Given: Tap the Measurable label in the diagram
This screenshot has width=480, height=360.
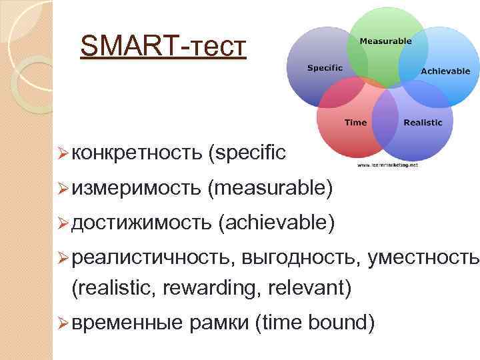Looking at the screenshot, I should click(x=385, y=41).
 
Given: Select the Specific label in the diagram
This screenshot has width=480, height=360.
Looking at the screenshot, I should click(x=325, y=67).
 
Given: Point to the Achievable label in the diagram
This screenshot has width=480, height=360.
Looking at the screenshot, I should click(x=445, y=71).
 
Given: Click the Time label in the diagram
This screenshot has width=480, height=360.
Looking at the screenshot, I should click(x=355, y=122).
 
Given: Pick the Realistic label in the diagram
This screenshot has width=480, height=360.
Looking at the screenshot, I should click(x=423, y=122).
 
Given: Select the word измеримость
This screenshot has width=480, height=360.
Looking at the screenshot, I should click(x=136, y=189).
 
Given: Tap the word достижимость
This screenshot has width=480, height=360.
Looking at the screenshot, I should click(x=141, y=224).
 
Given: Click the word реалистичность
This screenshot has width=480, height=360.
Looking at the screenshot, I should click(x=152, y=259).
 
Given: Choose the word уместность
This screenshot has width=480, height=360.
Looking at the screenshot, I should click(x=423, y=259).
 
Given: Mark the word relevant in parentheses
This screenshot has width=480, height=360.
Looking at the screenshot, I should click(x=308, y=288).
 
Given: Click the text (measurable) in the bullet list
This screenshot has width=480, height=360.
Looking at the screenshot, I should click(x=270, y=189).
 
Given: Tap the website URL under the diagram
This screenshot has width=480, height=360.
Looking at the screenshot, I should click(x=387, y=164).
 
